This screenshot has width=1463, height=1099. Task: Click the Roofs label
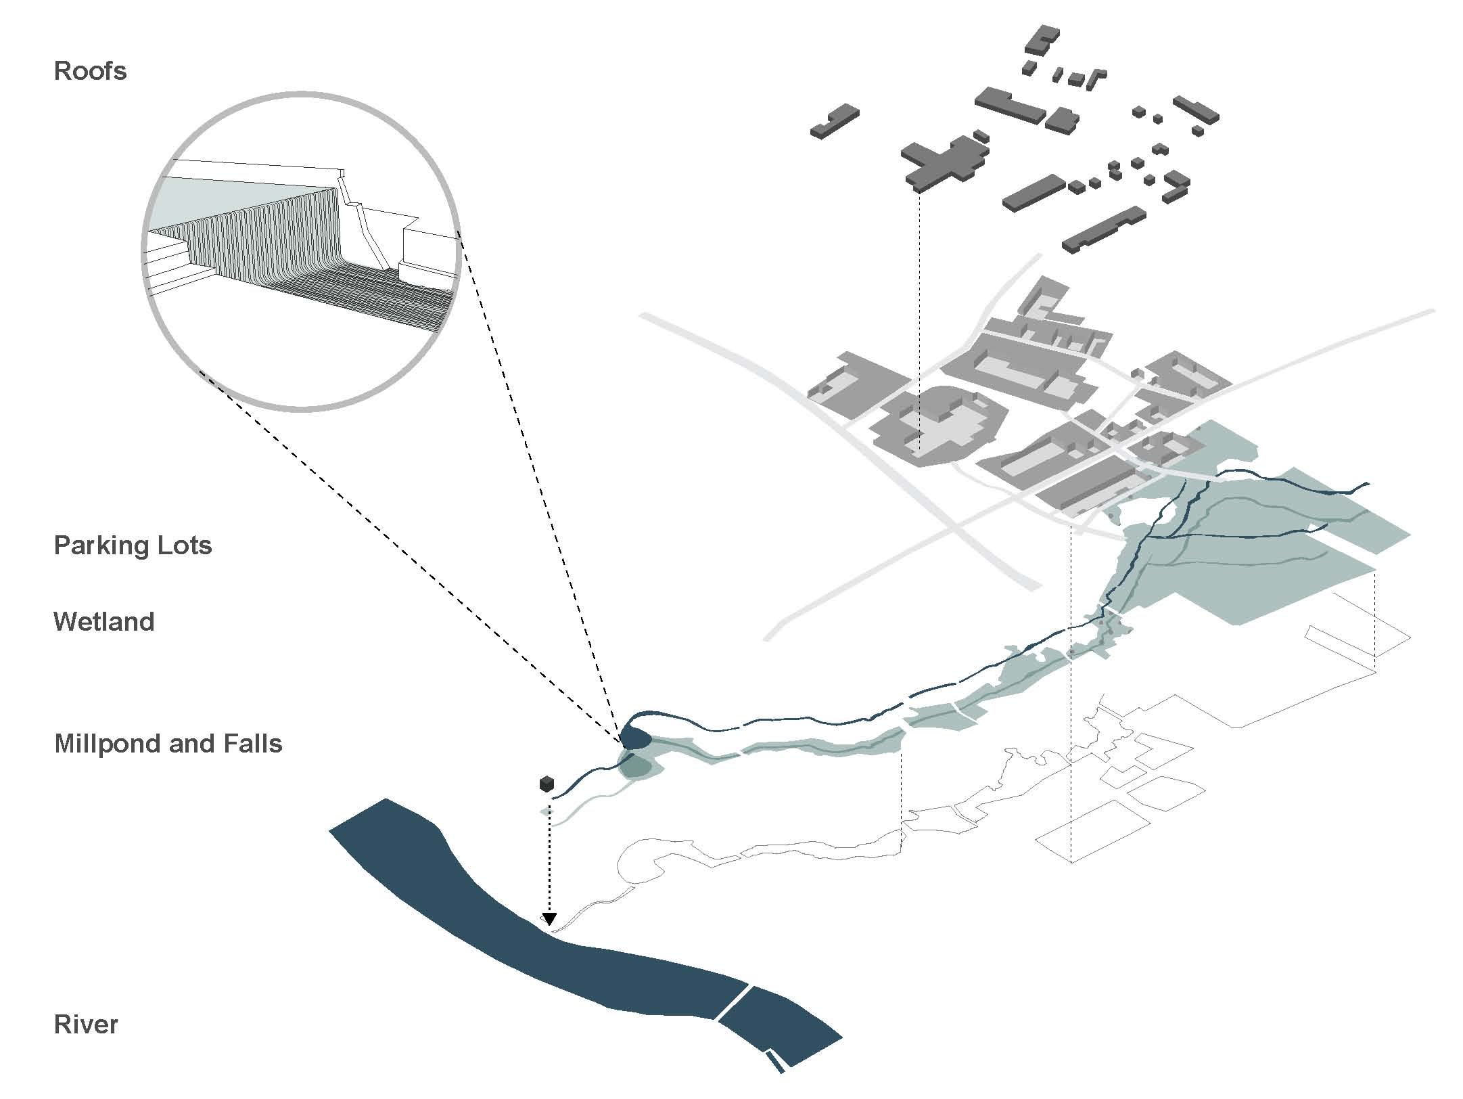click(x=90, y=71)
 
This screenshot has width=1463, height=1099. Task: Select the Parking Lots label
click(x=133, y=545)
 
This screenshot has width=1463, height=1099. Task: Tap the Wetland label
click(x=103, y=622)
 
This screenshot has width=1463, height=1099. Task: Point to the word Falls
click(x=252, y=744)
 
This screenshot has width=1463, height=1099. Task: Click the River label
click(x=86, y=1025)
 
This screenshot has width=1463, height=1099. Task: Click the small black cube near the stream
click(x=547, y=784)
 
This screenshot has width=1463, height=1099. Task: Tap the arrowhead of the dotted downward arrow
click(x=549, y=919)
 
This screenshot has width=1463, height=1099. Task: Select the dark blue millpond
click(x=636, y=738)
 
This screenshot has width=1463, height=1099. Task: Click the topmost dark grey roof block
click(x=1042, y=39)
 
